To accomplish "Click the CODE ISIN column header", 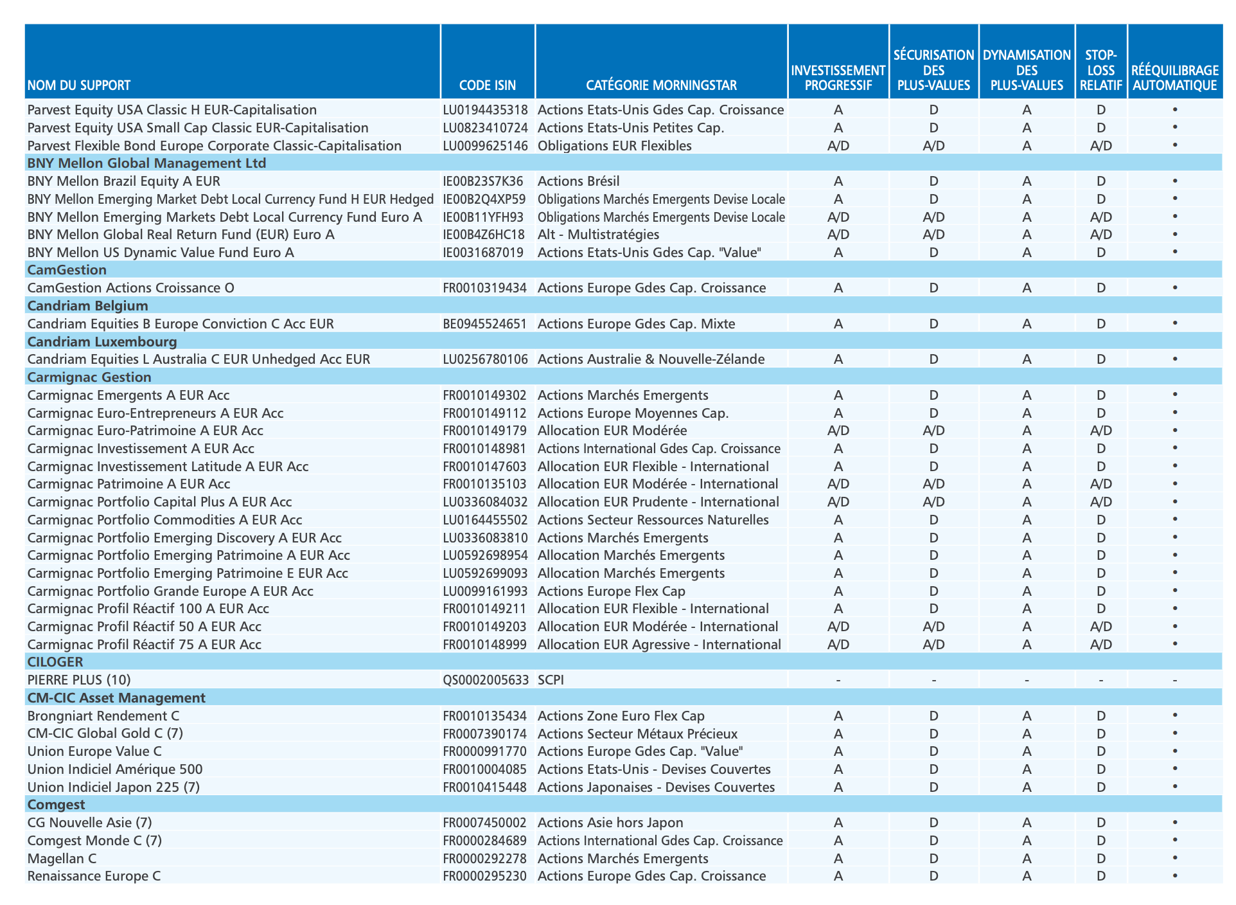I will point(488,85).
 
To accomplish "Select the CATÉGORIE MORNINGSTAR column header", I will point(661,85).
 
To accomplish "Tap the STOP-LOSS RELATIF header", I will point(1101,70).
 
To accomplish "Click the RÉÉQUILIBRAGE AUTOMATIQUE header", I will point(1175,78).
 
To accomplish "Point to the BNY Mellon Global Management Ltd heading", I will point(146,163).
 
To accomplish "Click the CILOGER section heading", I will point(55,662).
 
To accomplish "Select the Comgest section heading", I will point(56,805).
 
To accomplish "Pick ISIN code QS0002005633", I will point(486,680).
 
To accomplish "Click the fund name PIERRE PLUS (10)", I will point(79,680).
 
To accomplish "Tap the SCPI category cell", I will point(551,680).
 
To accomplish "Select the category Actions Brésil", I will point(578,181).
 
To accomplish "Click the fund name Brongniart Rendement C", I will point(103,716).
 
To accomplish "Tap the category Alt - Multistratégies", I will point(598,235).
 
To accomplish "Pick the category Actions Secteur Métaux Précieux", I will point(637,733).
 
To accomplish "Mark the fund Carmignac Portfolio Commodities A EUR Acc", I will point(164,520).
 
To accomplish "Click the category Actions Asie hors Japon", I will point(610,823).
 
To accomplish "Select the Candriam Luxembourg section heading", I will point(102,341).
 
